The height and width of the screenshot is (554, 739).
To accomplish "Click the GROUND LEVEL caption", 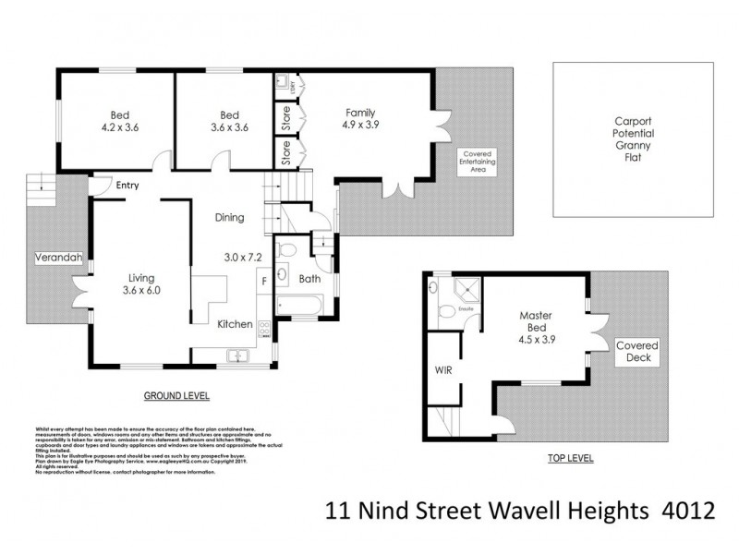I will coord(177,396).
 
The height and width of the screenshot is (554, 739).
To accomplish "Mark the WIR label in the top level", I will coord(443,370).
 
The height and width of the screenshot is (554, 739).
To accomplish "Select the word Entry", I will coord(127,186).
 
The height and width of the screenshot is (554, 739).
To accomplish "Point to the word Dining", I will coord(229,219).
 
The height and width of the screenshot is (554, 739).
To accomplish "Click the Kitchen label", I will coord(235,325).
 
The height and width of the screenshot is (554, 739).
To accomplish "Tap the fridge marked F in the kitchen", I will coord(264,279).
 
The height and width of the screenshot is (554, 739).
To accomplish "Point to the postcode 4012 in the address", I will coord(713,508).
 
